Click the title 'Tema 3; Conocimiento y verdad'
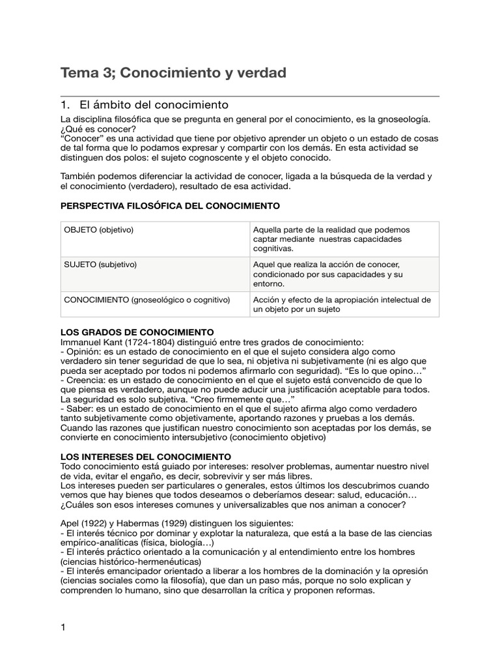[x=173, y=73]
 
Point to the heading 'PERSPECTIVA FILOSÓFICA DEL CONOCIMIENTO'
[x=170, y=206]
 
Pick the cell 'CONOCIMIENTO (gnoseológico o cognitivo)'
[x=146, y=300]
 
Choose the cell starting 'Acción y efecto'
[x=341, y=304]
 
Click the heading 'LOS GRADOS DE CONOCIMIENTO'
[x=137, y=332]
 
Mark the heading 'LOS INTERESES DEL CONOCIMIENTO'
[x=145, y=457]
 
